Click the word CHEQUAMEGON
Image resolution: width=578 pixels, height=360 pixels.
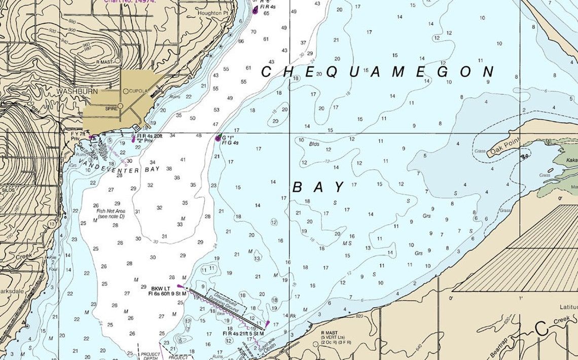tap(377, 71)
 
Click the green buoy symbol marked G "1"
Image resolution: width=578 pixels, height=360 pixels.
tap(219, 138)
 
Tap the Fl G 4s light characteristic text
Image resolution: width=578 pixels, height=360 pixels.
tap(230, 143)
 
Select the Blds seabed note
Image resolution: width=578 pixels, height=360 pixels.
tap(314, 143)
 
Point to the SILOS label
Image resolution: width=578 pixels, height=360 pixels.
tap(9, 190)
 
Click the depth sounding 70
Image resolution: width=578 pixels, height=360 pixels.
tap(254, 32)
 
